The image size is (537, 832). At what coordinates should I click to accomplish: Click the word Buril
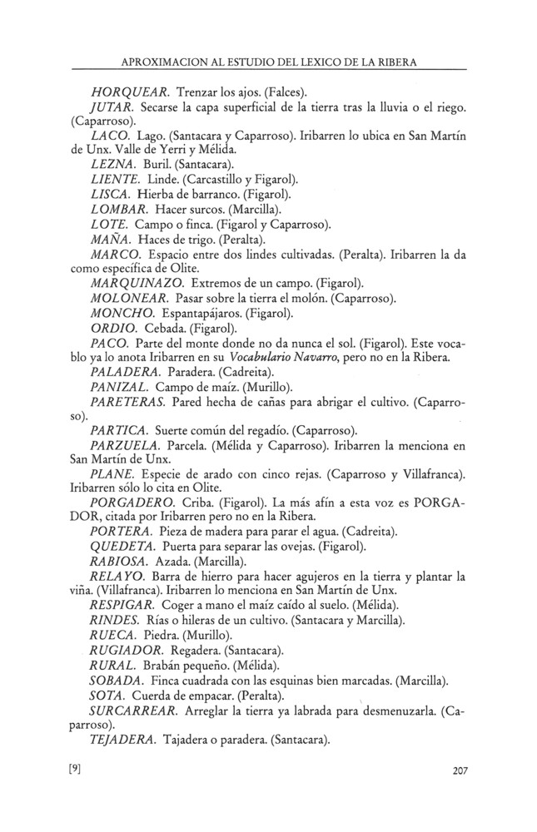[158, 166]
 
